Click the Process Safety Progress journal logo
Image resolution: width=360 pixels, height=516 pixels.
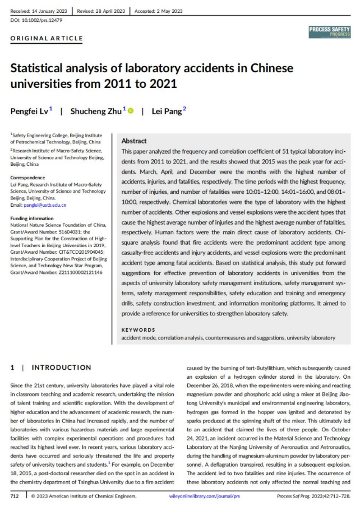[x=329, y=32]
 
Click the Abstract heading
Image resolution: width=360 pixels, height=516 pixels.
[x=134, y=141]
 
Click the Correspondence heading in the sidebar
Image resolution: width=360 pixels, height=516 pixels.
[x=27, y=178]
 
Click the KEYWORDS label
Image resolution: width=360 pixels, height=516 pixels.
[x=138, y=330]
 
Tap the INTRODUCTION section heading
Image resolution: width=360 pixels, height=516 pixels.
[x=61, y=368]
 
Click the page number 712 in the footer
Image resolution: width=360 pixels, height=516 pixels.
[x=15, y=496]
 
